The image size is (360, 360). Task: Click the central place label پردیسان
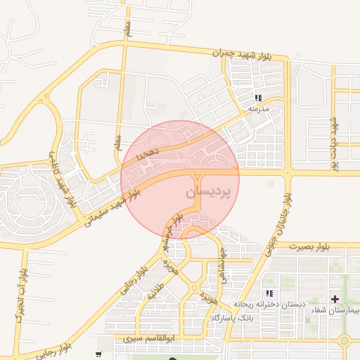(x=210, y=192)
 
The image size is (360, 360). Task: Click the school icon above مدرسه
(x=258, y=98)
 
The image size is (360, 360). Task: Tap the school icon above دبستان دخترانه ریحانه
(x=269, y=293)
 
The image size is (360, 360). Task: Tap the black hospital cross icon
(x=335, y=300)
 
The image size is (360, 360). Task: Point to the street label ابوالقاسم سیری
(x=148, y=338)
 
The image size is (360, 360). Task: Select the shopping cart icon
(x=99, y=354)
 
